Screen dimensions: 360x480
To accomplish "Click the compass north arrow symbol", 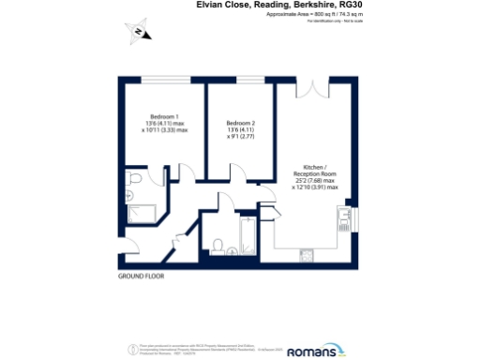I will pyautogui.click(x=140, y=32).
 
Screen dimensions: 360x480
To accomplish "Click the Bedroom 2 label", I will pyautogui.click(x=242, y=123).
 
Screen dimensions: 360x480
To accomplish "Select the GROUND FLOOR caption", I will pyautogui.click(x=142, y=278).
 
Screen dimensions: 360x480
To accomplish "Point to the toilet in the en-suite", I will pyautogui.click(x=135, y=179).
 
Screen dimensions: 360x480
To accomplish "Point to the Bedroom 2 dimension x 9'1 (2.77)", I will pyautogui.click(x=242, y=138).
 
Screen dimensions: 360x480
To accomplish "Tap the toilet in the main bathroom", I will pyautogui.click(x=217, y=247).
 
